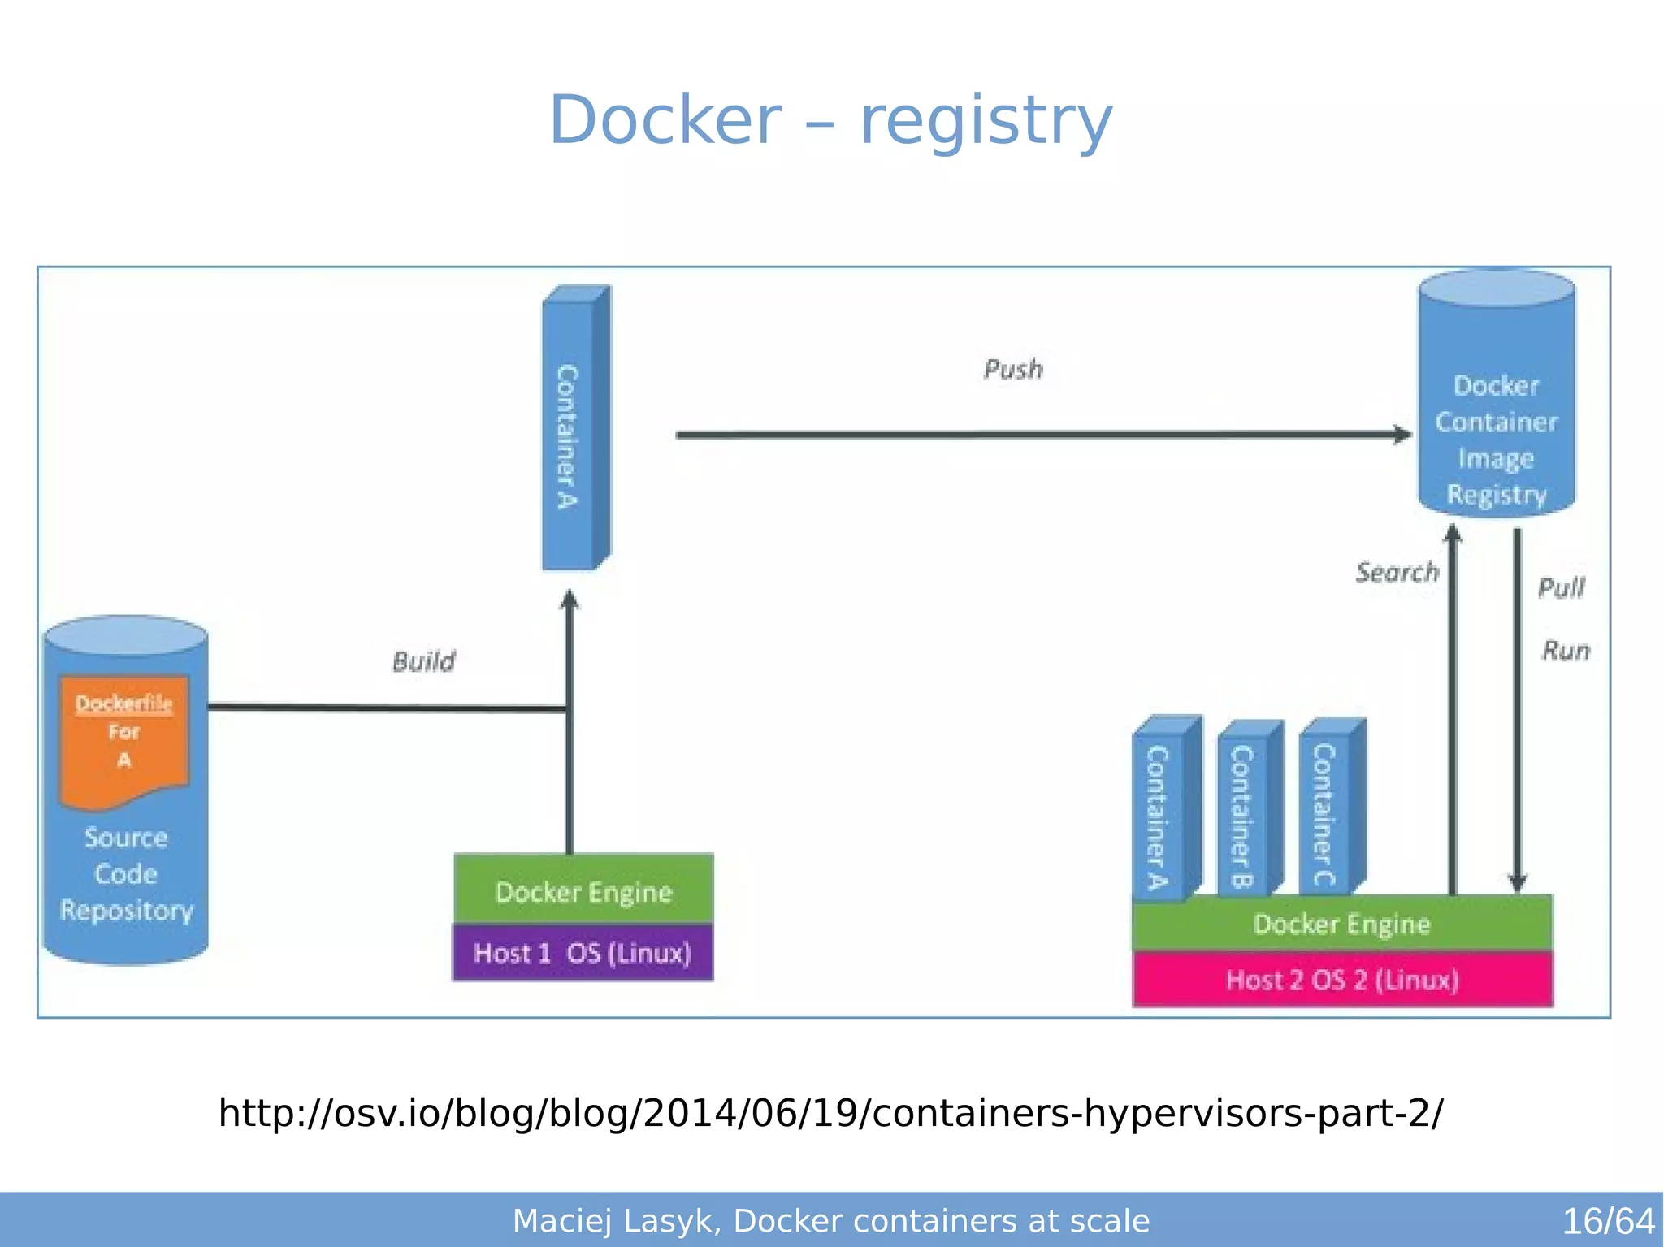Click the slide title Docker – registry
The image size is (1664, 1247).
pos(830,120)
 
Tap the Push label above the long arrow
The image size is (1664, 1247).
pos(1012,369)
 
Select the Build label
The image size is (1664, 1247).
pos(423,661)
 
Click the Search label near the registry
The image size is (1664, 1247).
pos(1397,573)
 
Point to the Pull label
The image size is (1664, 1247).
pos(1561,587)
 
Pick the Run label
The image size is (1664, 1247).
pos(1565,651)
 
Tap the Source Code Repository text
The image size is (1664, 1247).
pos(126,874)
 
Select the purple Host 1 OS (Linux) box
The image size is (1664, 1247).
pos(583,953)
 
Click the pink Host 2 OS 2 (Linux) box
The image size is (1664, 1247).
pos(1342,980)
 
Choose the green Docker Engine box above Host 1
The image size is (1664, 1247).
pos(583,891)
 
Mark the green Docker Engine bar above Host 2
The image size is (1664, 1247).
pos(1342,924)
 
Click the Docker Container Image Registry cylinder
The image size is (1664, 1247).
pos(1496,422)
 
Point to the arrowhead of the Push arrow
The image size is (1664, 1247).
pos(1402,434)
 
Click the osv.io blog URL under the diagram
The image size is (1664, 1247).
pos(830,1113)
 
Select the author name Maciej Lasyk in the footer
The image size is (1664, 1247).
pos(613,1221)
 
